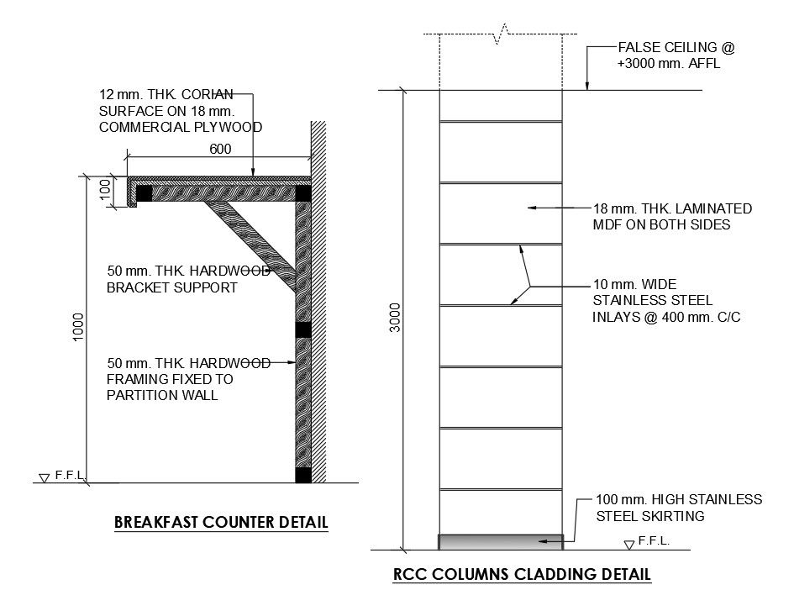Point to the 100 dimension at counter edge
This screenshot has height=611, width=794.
point(106,188)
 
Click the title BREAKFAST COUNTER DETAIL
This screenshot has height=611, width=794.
point(221,523)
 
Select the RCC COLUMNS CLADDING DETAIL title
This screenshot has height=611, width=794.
point(522,576)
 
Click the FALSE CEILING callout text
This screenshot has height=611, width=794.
point(669,55)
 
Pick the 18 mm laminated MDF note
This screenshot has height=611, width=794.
point(672,217)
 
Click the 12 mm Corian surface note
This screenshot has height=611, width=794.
point(180,111)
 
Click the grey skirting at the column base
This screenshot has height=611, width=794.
point(501,541)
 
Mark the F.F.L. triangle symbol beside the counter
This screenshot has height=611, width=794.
point(45,478)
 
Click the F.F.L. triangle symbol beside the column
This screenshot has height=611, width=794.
point(629,545)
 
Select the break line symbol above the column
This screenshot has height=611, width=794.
point(502,34)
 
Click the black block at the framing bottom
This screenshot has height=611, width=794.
point(303,475)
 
